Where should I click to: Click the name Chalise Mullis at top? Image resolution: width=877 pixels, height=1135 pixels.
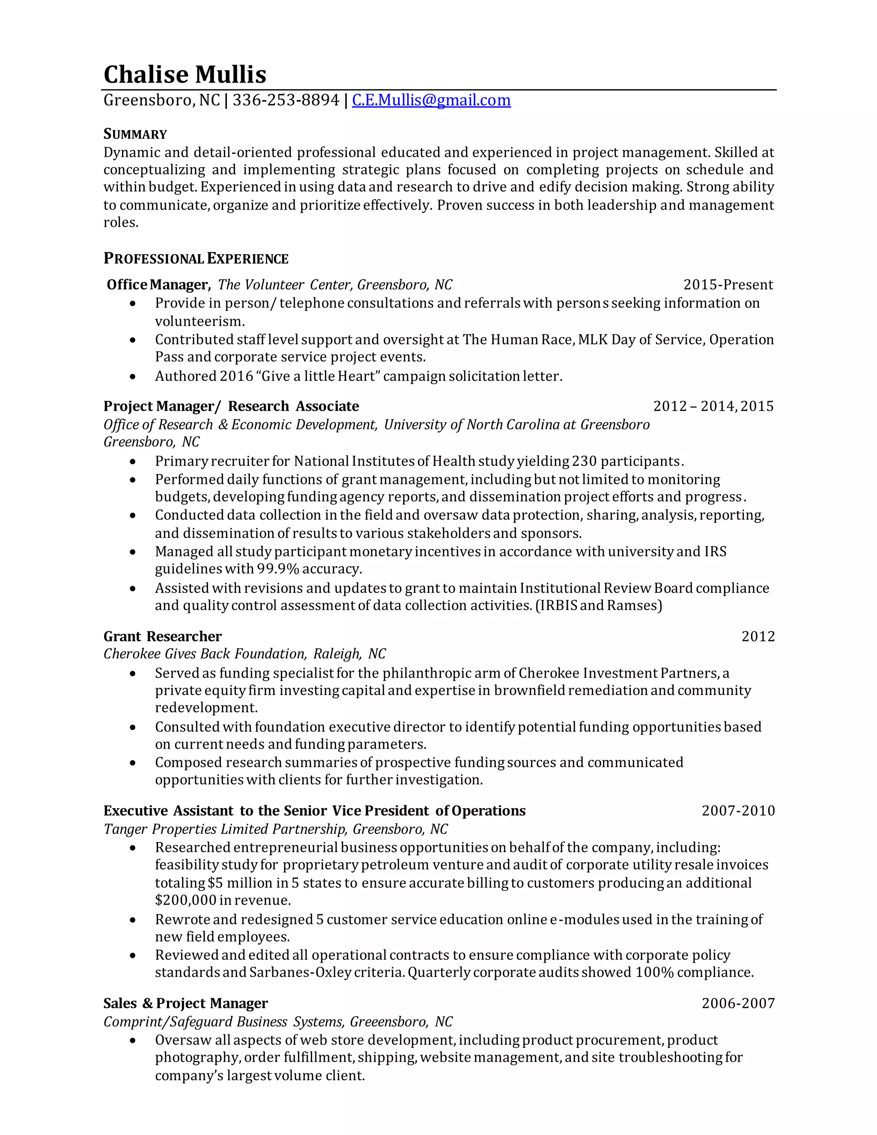(185, 75)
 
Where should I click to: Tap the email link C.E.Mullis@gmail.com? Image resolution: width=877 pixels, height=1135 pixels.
(431, 100)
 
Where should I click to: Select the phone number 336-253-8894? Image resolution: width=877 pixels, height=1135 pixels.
(285, 100)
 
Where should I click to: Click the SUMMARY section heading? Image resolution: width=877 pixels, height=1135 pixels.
(135, 134)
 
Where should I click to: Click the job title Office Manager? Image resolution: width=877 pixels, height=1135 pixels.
(158, 285)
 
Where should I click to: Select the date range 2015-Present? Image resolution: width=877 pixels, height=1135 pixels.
(728, 285)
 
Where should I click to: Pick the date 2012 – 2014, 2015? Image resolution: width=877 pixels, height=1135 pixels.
(713, 406)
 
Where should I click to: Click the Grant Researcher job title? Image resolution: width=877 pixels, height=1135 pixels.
(162, 636)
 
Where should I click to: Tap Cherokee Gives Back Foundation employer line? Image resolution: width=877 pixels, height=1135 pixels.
(244, 654)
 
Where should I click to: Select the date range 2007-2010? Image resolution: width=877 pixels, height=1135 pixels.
(738, 811)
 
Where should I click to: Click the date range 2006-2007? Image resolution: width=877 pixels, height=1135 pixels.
(738, 1003)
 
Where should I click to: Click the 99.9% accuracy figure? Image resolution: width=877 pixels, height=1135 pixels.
(278, 569)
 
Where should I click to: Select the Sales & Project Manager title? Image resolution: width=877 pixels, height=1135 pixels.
(185, 1003)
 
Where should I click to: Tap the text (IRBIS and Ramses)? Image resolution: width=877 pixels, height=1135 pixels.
(599, 606)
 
